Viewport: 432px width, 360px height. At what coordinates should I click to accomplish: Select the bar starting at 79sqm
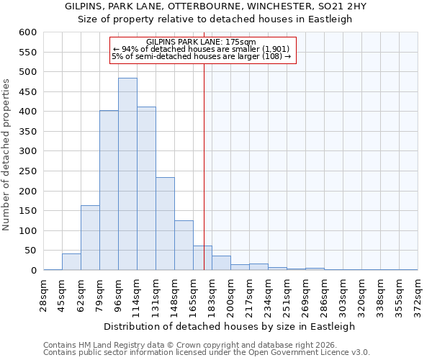tap(109, 190)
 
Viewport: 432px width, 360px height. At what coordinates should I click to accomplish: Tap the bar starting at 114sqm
tap(146, 189)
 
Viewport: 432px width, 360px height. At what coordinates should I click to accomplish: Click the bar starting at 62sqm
tap(90, 238)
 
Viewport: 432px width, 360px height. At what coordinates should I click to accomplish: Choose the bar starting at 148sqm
tap(184, 246)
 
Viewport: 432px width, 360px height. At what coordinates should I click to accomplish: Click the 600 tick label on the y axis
tap(27, 32)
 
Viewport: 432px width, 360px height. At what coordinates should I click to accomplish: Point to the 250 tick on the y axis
tap(27, 171)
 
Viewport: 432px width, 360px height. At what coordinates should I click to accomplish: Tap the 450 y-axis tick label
tap(27, 92)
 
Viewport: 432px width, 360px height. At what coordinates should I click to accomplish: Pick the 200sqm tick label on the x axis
tap(230, 295)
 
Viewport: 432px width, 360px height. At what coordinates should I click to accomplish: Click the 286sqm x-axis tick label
tap(324, 295)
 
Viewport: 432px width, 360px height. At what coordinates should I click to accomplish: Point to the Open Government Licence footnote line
tap(207, 353)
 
